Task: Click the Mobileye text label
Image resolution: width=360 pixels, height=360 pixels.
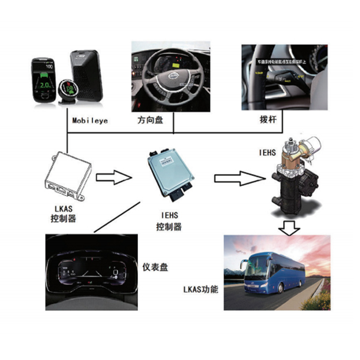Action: (x=91, y=120)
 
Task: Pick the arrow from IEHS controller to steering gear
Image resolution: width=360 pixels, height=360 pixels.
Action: (x=239, y=177)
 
